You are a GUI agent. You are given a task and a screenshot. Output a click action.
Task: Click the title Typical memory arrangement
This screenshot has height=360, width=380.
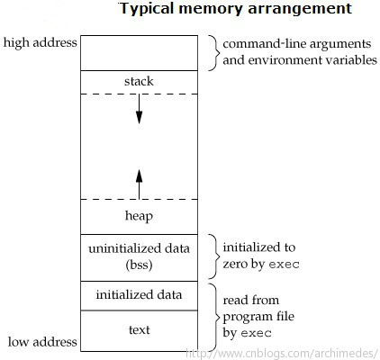click(x=236, y=9)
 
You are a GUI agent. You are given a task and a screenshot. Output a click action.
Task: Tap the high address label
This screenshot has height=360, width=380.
click(x=41, y=42)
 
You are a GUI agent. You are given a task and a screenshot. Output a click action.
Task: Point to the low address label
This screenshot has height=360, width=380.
click(x=42, y=342)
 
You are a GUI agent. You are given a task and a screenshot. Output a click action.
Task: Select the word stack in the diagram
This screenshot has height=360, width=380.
click(x=139, y=81)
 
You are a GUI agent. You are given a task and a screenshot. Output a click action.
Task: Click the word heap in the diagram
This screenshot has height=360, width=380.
click(x=139, y=216)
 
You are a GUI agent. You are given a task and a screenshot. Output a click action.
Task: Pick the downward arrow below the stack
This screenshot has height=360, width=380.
click(x=139, y=109)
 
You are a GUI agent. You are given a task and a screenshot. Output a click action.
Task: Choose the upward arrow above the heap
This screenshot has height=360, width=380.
click(x=139, y=184)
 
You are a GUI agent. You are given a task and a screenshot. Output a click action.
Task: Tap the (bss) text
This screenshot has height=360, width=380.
click(x=139, y=265)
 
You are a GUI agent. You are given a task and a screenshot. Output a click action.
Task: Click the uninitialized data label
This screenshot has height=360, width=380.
click(x=139, y=248)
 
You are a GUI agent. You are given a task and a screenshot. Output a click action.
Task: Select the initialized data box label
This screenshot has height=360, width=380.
click(x=139, y=294)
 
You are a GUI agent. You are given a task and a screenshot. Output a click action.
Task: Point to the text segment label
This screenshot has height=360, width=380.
click(x=140, y=330)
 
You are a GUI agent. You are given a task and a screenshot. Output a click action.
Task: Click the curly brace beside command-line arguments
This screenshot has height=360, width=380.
click(x=214, y=53)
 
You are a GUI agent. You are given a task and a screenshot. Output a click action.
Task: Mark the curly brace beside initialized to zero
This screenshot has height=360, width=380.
click(x=214, y=256)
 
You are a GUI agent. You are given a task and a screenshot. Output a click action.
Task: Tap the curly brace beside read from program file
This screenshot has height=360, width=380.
click(x=214, y=317)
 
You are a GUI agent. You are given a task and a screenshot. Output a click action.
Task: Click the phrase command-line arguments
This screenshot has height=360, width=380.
click(x=297, y=44)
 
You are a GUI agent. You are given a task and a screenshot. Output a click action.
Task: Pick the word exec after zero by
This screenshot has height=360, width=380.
click(x=284, y=265)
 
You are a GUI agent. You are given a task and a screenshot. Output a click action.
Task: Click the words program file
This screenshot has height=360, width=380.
click(x=258, y=317)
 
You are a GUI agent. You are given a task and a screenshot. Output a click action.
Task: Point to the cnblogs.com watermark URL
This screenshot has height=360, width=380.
click(x=282, y=354)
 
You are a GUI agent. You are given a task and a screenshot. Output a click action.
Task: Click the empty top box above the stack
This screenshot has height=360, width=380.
click(x=139, y=53)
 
